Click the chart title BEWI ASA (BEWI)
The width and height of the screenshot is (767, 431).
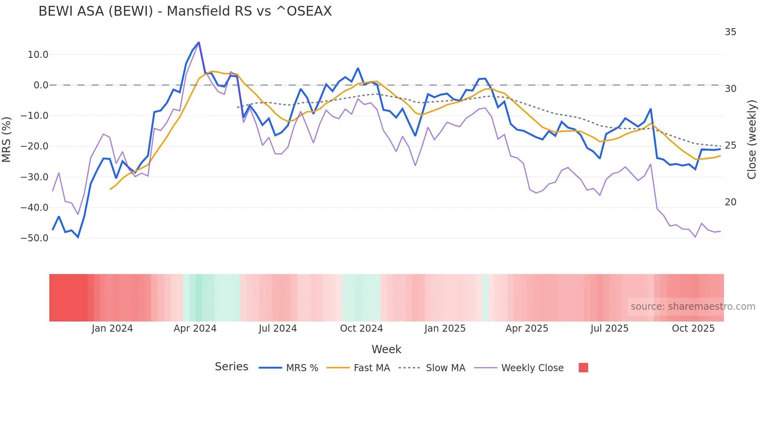185,11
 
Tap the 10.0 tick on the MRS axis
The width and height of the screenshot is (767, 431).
38,55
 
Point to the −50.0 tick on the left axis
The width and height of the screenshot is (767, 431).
35,238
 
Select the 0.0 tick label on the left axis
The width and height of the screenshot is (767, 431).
41,85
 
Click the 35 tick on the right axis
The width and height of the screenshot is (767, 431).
730,32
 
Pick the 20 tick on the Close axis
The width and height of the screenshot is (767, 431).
730,202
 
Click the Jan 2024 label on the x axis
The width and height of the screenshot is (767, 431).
112,329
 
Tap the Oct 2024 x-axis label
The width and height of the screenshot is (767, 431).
361,329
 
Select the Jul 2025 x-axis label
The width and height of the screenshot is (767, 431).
609,329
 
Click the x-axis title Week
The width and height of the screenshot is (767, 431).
386,349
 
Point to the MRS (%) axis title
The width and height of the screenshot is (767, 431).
7,140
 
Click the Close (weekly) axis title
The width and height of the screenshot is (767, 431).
751,140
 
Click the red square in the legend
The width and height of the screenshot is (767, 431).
583,368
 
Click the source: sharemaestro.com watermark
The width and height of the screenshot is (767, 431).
693,307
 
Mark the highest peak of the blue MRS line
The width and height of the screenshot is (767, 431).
199,43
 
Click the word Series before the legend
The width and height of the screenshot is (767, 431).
231,367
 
